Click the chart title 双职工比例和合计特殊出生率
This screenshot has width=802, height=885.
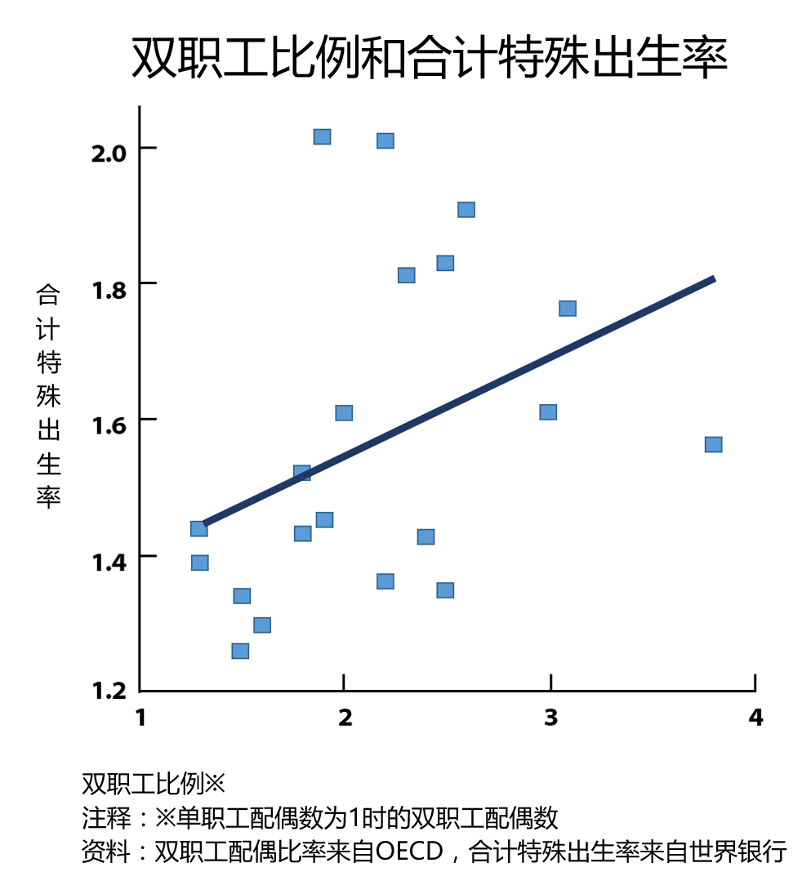coord(430,57)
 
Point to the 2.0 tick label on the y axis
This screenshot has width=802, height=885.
coord(109,153)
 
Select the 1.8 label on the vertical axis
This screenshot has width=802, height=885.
coord(109,290)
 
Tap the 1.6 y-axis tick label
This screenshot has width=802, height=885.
coord(109,425)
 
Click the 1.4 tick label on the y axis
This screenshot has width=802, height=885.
coord(109,563)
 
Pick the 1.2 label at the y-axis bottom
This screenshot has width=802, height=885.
coord(109,690)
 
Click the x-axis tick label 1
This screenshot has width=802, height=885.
coord(140,718)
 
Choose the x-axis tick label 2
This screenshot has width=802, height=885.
coord(345,718)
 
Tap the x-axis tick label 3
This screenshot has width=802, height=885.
coord(550,718)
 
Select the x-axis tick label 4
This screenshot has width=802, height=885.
coord(755,718)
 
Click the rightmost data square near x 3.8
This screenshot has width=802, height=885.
coord(713,445)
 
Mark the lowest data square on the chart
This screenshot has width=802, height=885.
coord(240,652)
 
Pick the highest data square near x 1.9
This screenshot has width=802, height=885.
coord(322,136)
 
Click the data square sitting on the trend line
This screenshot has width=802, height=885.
coord(302,473)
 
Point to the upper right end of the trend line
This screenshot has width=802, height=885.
coord(715,279)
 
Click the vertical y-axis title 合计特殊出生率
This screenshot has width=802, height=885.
coord(48,396)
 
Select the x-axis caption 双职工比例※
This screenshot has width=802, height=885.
coord(153,784)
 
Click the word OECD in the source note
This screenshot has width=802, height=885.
coord(409,852)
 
